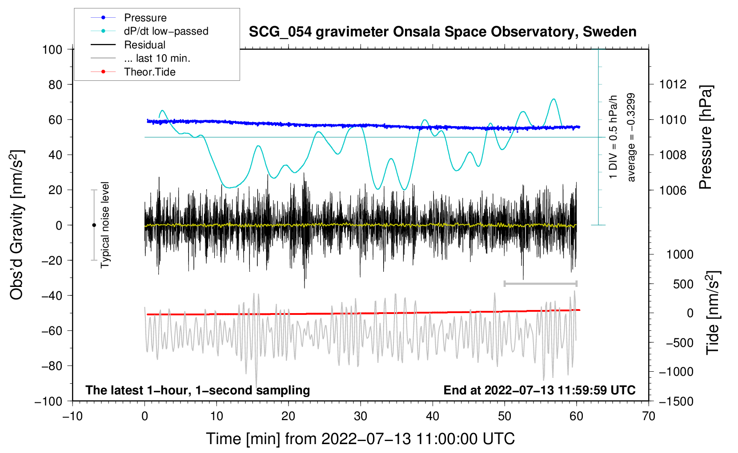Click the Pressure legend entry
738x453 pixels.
[129, 17]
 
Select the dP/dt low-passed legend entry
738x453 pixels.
[149, 31]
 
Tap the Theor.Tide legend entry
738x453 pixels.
[133, 72]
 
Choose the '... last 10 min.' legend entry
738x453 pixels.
[140, 58]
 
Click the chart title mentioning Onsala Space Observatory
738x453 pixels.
[442, 32]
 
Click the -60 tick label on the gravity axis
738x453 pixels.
[52, 330]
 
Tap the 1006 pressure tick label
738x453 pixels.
[673, 190]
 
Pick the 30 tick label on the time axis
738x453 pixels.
[361, 417]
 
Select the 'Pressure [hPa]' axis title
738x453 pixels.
[706, 137]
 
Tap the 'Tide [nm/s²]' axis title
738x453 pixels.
[713, 313]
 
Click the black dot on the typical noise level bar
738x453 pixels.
[94, 225]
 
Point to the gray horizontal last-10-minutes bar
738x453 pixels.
[541, 283]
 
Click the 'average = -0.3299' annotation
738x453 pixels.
[630, 137]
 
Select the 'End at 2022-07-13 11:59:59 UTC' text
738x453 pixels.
[539, 390]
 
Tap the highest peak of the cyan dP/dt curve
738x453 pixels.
[554, 99]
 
